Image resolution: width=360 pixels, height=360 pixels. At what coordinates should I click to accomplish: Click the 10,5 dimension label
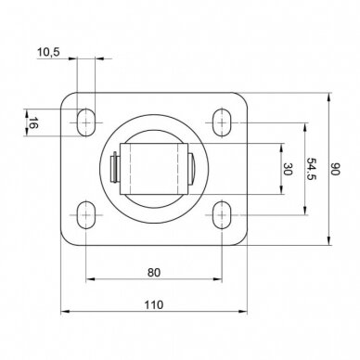[x=48, y=52]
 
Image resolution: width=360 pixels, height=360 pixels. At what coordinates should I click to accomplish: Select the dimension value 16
[x=33, y=123]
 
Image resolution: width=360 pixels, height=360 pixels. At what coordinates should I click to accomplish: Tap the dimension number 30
[x=288, y=169]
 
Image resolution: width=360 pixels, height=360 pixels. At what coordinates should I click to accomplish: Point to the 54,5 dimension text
[x=312, y=169]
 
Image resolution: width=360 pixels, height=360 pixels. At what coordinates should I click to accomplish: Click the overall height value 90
[x=335, y=169]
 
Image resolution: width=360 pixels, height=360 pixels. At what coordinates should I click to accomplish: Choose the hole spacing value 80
[x=154, y=273]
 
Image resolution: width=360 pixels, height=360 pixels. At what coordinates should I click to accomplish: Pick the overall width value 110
[x=154, y=305]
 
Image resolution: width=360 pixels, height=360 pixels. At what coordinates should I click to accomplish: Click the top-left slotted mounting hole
[x=85, y=122]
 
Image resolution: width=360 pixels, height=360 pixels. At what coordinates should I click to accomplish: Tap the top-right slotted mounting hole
[x=222, y=122]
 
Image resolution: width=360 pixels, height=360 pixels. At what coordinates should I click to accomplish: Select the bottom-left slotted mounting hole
[x=85, y=214]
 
